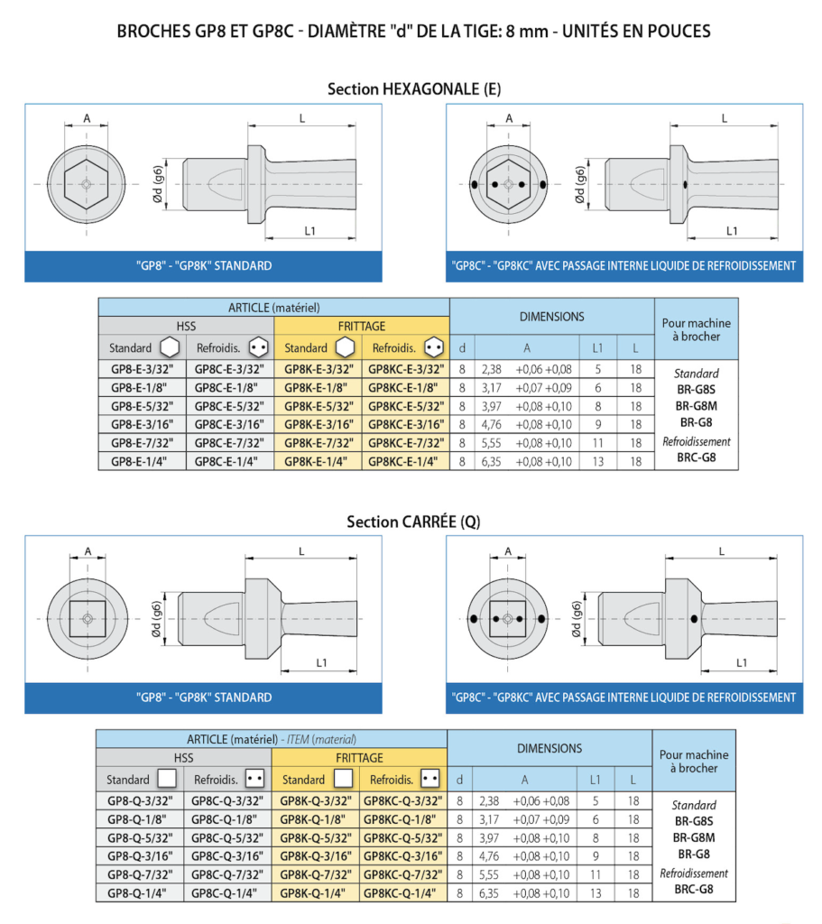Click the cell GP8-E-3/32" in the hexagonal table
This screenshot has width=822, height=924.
142,369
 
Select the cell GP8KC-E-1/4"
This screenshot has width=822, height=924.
405,461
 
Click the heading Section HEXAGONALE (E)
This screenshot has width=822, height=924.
414,89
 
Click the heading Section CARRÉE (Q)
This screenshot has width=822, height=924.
413,522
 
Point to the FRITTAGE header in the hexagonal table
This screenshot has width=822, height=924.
362,326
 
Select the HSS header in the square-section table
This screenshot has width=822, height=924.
184,758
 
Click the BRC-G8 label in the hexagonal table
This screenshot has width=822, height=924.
697,457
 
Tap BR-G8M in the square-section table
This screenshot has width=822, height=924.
695,837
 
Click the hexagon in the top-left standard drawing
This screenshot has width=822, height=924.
87,184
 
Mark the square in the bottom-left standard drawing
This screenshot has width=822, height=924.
88,619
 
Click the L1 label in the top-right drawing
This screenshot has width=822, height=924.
732,231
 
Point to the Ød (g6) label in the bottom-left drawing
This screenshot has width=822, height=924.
156,619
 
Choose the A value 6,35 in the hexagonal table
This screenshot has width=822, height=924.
491,461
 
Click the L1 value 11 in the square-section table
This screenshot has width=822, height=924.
596,874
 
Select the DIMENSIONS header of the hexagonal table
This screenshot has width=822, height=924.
552,317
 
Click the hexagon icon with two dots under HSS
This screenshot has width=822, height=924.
258,347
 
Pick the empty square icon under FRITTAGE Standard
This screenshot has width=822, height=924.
343,779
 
